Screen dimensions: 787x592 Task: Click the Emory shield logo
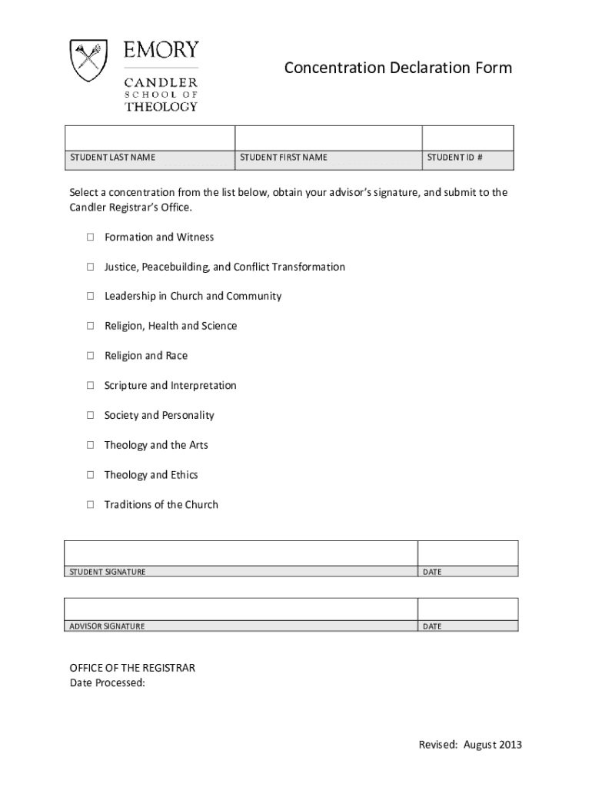click(x=87, y=61)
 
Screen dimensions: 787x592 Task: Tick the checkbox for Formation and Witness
click(x=89, y=237)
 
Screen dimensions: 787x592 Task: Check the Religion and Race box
click(x=89, y=356)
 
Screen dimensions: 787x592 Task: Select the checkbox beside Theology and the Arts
click(x=89, y=446)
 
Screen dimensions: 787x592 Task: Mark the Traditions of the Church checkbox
click(x=89, y=505)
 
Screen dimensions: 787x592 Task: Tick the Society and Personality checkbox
click(x=89, y=416)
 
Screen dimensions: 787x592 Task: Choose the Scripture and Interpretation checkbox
click(x=89, y=386)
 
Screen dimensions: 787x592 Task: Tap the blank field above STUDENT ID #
click(x=467, y=138)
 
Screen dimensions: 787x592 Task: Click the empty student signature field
click(x=241, y=553)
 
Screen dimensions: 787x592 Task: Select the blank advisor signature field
click(x=241, y=608)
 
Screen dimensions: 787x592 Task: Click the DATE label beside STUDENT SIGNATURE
click(x=432, y=572)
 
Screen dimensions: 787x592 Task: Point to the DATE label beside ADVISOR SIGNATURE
click(x=432, y=626)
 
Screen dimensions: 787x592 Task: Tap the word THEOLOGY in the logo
click(x=161, y=107)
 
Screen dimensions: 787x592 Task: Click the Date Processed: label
click(x=108, y=682)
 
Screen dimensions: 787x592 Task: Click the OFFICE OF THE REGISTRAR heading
click(x=132, y=668)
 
